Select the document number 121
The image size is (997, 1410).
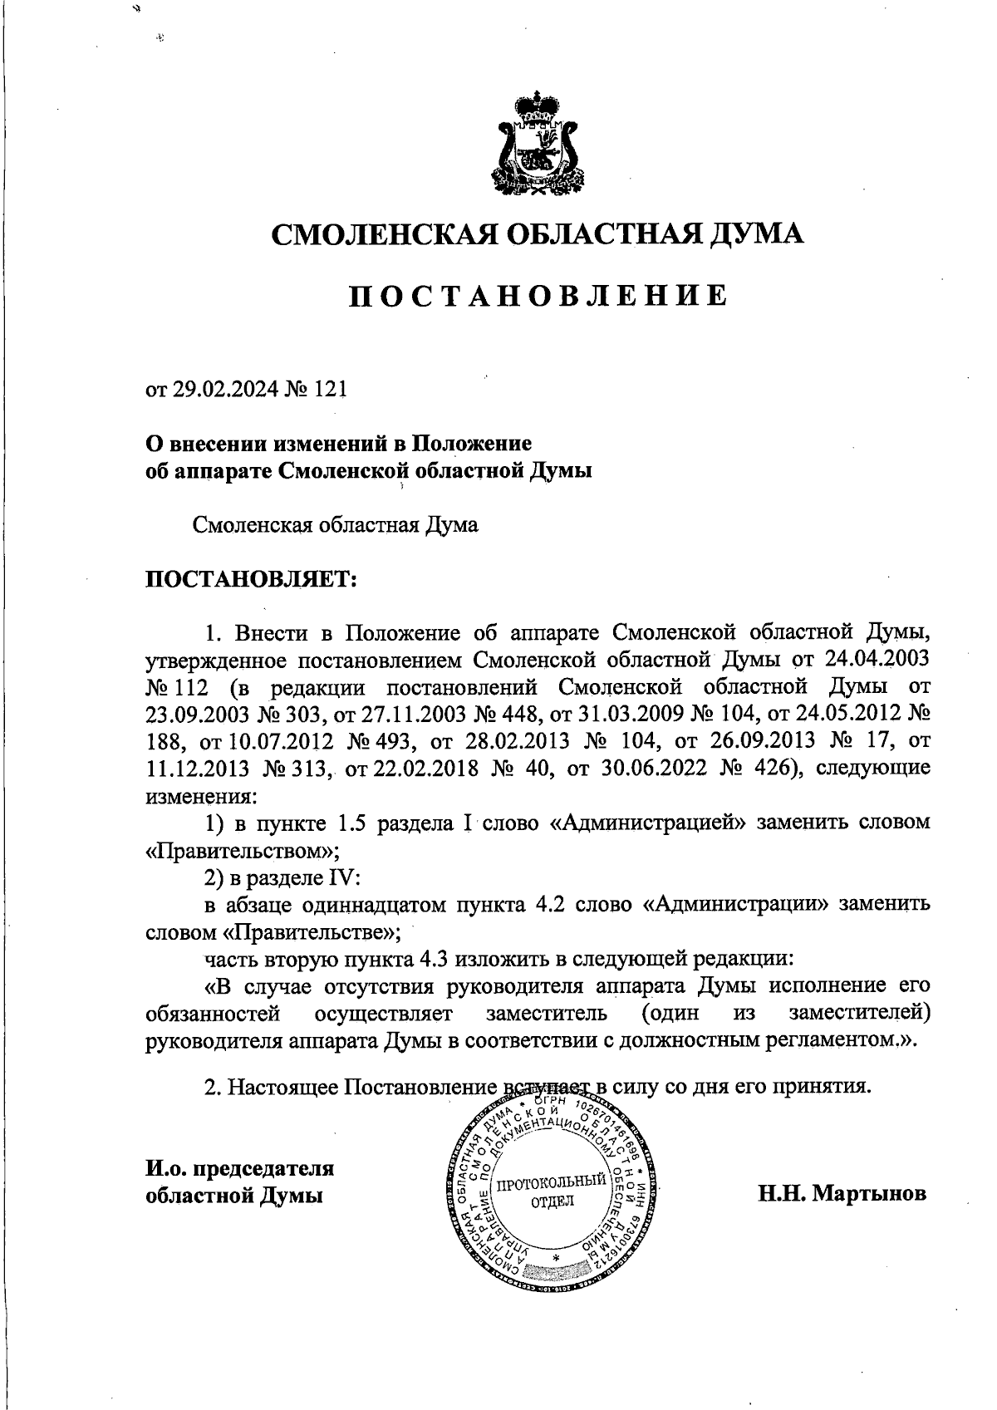328,390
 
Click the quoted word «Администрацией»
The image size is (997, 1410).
644,823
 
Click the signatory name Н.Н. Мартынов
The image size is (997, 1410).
841,1194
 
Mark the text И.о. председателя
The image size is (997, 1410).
239,1167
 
